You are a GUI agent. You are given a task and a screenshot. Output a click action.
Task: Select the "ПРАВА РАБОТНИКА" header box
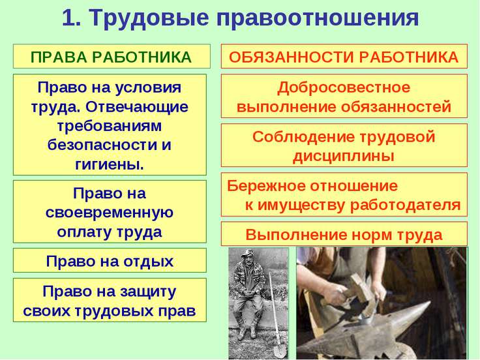pos(111,57)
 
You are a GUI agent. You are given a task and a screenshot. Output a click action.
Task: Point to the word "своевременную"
pos(110,213)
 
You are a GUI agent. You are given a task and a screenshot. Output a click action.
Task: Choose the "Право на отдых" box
pos(110,261)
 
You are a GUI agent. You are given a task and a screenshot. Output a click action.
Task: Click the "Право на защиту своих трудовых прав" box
pos(110,300)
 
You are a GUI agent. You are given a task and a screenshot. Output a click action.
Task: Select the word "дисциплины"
pos(344,156)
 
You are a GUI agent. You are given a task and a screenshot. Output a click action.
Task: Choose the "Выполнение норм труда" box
pos(344,234)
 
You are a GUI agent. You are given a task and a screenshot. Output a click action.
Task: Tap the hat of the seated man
pos(248,253)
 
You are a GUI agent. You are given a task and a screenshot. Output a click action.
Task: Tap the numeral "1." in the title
pos(72,18)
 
